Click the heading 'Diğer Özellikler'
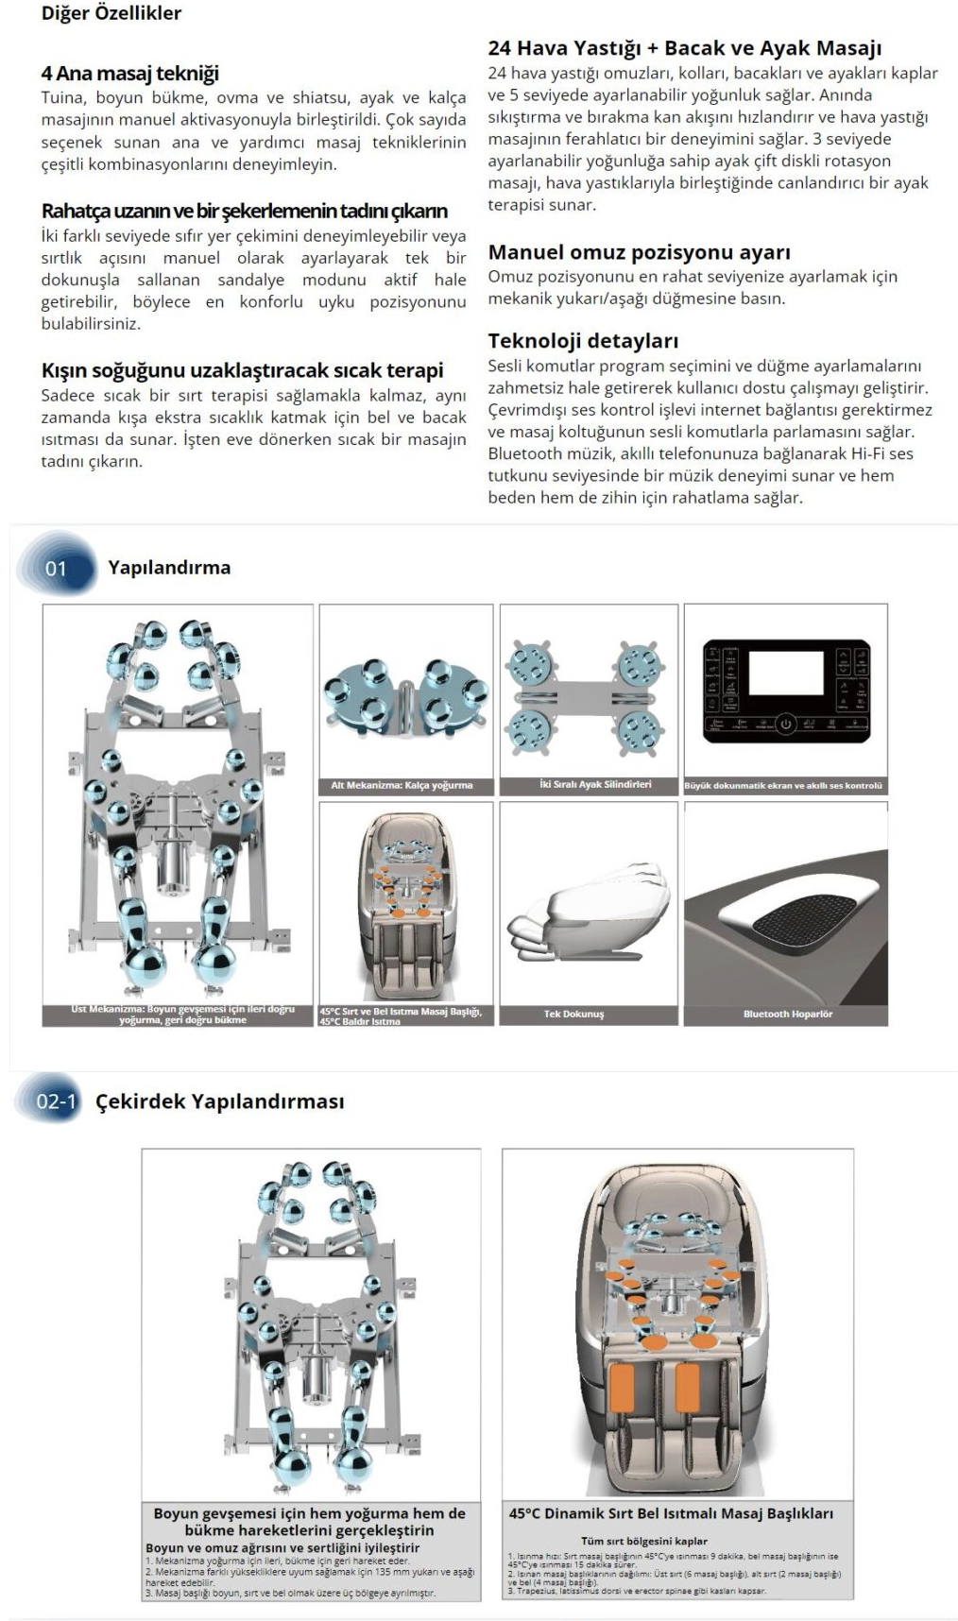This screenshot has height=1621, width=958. (x=111, y=13)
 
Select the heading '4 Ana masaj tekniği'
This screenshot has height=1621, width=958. (x=129, y=74)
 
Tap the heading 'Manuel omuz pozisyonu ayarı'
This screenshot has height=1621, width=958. (x=639, y=252)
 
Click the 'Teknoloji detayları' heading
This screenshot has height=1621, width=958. (x=583, y=341)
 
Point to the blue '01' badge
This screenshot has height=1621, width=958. (x=57, y=568)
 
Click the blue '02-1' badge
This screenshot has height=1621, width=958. (x=56, y=1101)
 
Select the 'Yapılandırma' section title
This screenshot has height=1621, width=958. (x=169, y=568)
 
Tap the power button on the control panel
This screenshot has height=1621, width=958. (x=785, y=725)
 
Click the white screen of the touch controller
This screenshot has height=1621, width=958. (x=785, y=672)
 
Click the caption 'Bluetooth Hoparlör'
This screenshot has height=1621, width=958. (x=787, y=1015)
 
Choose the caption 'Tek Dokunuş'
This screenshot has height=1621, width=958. (x=573, y=1015)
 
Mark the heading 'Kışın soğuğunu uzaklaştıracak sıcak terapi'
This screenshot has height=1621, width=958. (x=242, y=370)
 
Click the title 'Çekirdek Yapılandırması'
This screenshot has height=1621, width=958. (x=219, y=1101)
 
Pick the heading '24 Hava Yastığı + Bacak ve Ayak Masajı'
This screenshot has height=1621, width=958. (x=684, y=48)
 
